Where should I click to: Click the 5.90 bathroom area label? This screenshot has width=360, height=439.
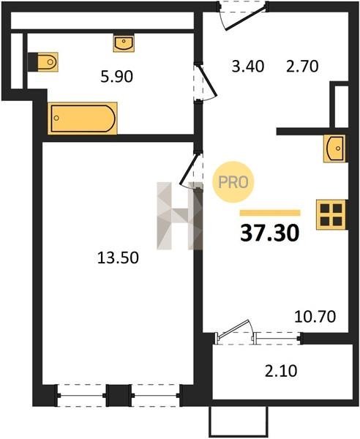pyautogui.click(x=117, y=77)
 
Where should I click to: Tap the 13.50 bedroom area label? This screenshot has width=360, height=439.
pyautogui.click(x=118, y=258)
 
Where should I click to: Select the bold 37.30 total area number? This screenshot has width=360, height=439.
pyautogui.click(x=270, y=233)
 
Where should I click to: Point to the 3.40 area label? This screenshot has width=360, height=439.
pyautogui.click(x=248, y=67)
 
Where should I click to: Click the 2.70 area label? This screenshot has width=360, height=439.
pyautogui.click(x=302, y=67)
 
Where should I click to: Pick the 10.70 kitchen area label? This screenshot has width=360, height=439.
pyautogui.click(x=315, y=317)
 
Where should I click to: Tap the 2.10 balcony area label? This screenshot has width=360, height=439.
pyautogui.click(x=281, y=371)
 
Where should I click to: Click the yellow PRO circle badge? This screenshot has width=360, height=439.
pyautogui.click(x=233, y=182)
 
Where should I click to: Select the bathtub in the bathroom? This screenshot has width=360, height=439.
pyautogui.click(x=83, y=118)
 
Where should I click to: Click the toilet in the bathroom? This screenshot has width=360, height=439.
pyautogui.click(x=43, y=61)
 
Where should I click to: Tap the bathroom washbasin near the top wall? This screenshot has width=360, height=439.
pyautogui.click(x=124, y=43)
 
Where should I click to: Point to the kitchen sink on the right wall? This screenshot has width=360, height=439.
pyautogui.click(x=334, y=149)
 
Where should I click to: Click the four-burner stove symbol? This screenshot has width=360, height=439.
pyautogui.click(x=331, y=214)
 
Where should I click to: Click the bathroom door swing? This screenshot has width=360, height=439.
pyautogui.click(x=206, y=83)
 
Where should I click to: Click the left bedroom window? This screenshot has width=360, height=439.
pyautogui.click(x=82, y=395)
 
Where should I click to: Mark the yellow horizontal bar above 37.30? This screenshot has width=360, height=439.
pyautogui.click(x=270, y=213)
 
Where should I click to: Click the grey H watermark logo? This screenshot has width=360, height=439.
pyautogui.click(x=180, y=216)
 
